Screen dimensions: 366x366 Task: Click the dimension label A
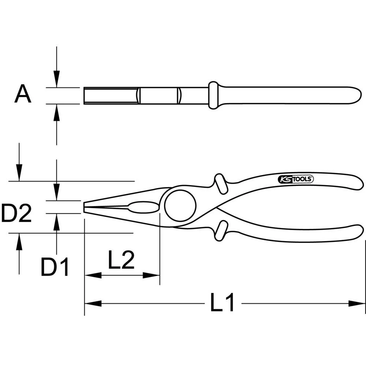(23, 94)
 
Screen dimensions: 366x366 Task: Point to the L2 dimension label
(122, 260)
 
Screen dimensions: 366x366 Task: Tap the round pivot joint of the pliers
(180, 206)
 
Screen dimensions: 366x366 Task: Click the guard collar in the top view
(213, 95)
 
